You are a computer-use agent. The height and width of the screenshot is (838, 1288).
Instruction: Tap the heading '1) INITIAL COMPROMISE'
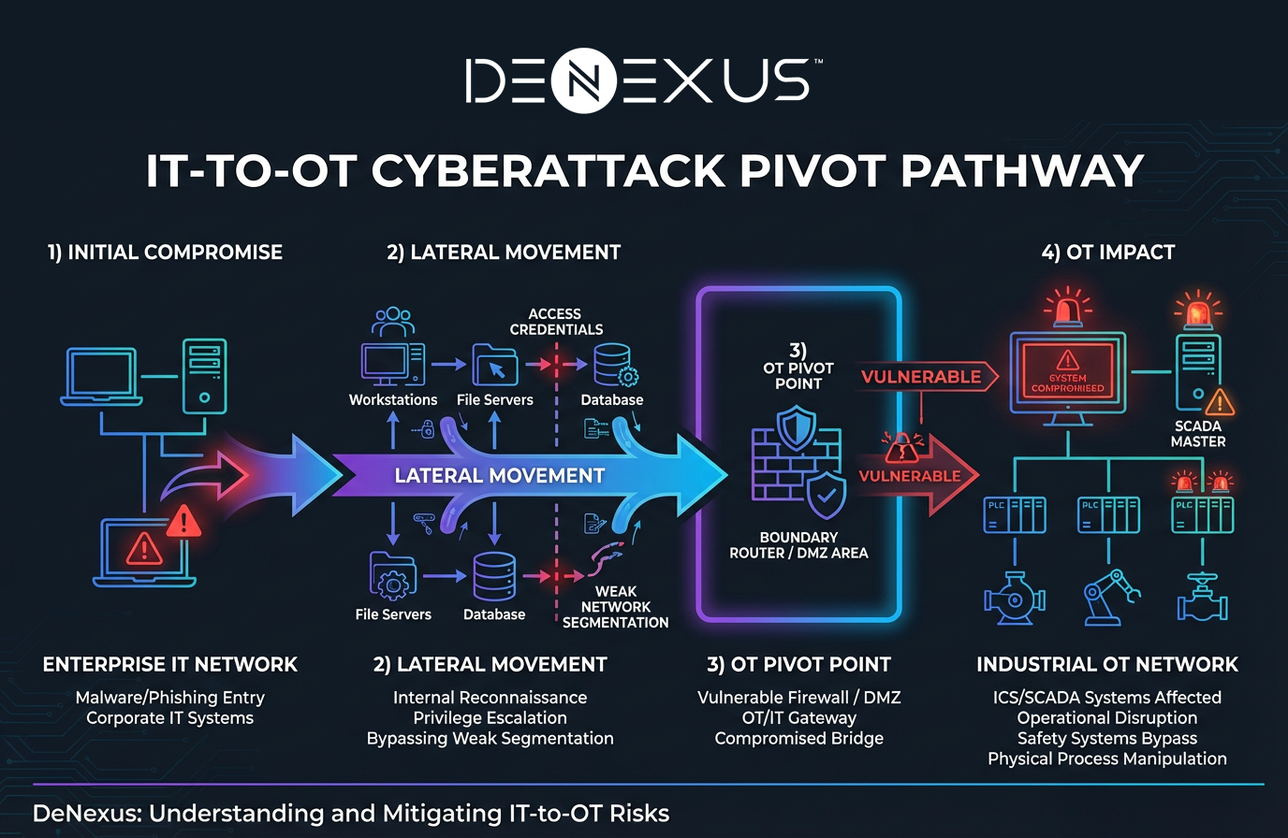click(x=165, y=253)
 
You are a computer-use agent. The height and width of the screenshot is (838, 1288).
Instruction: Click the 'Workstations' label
click(x=393, y=399)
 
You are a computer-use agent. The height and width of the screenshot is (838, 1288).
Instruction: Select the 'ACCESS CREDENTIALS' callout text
click(x=556, y=322)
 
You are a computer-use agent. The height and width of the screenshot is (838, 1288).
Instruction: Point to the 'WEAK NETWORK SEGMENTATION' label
click(x=615, y=607)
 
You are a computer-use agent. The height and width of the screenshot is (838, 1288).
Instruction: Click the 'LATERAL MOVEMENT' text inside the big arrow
click(x=500, y=476)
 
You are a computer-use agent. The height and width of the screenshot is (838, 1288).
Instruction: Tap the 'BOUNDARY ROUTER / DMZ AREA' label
click(x=798, y=545)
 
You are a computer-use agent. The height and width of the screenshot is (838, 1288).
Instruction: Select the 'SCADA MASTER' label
click(x=1198, y=434)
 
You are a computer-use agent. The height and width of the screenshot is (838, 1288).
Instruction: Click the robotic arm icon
click(x=1110, y=597)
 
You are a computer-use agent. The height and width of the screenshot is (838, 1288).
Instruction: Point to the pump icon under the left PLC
click(x=1014, y=599)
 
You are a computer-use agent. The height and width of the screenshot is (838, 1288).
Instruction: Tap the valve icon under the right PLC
click(x=1202, y=599)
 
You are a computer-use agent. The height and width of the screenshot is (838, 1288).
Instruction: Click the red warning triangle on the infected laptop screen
click(x=144, y=547)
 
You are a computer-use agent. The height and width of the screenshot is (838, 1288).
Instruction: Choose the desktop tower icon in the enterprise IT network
click(x=205, y=375)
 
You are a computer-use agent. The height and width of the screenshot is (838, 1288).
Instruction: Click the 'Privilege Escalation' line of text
click(x=490, y=718)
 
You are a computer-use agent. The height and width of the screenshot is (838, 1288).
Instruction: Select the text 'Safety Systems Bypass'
click(x=1107, y=739)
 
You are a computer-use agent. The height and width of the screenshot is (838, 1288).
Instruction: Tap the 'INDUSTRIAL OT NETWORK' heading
click(x=1107, y=665)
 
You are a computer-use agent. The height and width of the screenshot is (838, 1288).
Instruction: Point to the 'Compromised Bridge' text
click(x=798, y=739)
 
